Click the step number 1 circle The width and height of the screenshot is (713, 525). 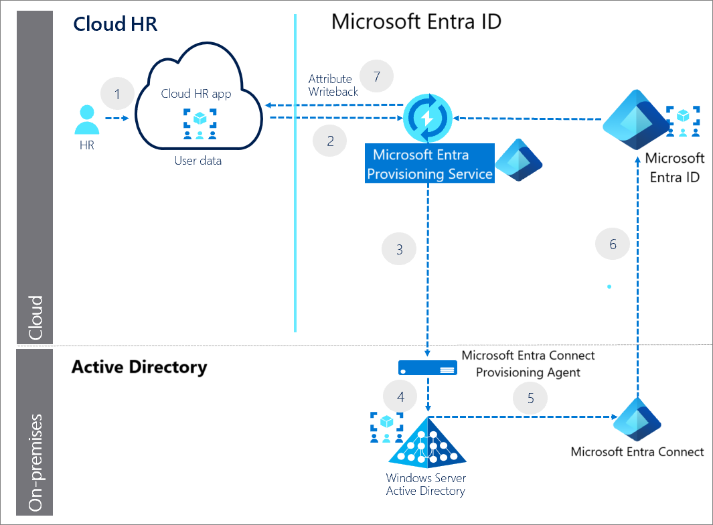pyautogui.click(x=118, y=94)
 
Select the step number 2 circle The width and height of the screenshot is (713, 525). pyautogui.click(x=330, y=141)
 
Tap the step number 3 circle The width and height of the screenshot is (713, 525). pyautogui.click(x=399, y=249)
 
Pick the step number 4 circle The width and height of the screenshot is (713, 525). pyautogui.click(x=400, y=397)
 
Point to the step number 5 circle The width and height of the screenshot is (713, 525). pyautogui.click(x=530, y=398)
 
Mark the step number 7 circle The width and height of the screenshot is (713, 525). pyautogui.click(x=377, y=76)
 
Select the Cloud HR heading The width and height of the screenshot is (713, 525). pyautogui.click(x=114, y=23)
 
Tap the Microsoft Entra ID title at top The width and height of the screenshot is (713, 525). pyautogui.click(x=416, y=21)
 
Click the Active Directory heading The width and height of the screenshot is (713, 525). pyautogui.click(x=139, y=367)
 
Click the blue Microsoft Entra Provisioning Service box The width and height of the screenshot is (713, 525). pyautogui.click(x=430, y=164)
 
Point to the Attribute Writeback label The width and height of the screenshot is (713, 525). pyautogui.click(x=333, y=85)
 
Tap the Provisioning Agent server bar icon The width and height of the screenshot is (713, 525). pyautogui.click(x=428, y=368)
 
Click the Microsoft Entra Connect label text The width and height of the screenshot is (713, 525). pyautogui.click(x=637, y=452)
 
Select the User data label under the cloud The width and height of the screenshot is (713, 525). pyautogui.click(x=198, y=161)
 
